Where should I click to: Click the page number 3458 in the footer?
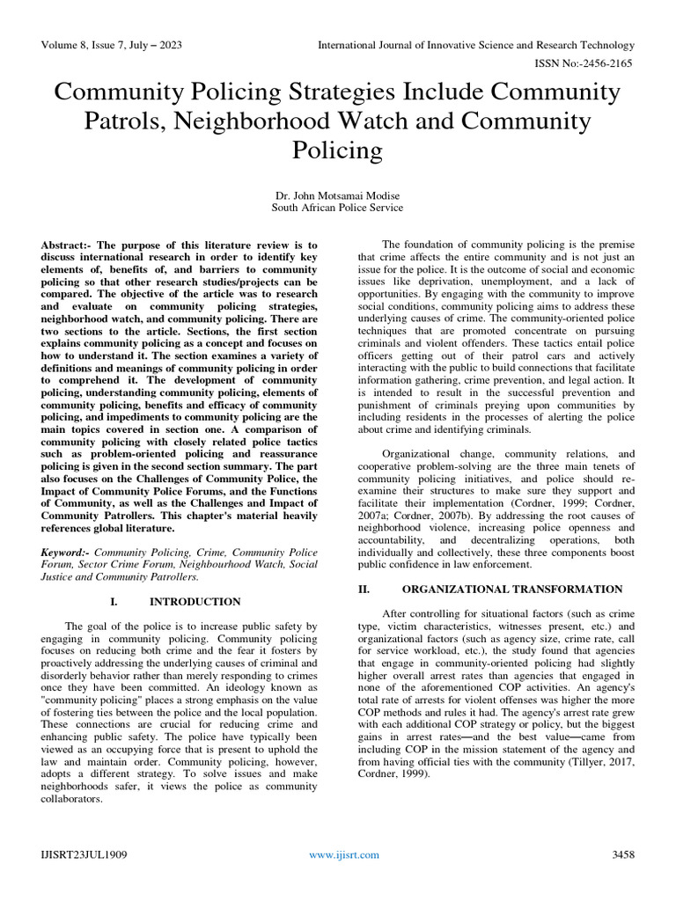623,854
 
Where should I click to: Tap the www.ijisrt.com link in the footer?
344,854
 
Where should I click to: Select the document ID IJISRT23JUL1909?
82,854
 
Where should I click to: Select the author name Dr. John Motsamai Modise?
338,194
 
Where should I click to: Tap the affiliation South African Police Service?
338,208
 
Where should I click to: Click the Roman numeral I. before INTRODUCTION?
114,602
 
